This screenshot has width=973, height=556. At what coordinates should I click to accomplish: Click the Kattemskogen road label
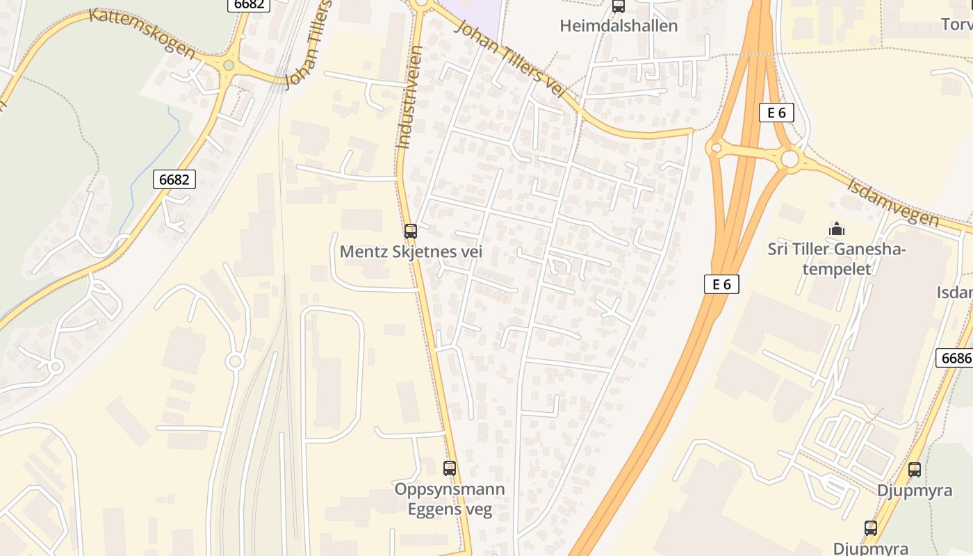coord(142,33)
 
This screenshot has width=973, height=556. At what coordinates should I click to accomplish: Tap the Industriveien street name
coord(409,97)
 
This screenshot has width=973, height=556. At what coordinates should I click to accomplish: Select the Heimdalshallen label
coord(619,26)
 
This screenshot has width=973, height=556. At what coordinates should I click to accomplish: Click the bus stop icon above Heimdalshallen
coord(619,7)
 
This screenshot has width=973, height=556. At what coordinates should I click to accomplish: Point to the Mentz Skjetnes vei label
coord(411,252)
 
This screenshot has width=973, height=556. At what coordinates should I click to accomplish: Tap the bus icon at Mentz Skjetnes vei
coord(411,231)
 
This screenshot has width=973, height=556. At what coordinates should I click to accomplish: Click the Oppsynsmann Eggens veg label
coord(450,499)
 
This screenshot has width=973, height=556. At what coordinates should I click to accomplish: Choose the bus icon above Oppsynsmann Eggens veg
coord(450,468)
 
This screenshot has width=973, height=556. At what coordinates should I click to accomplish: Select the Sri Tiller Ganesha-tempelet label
coord(837,259)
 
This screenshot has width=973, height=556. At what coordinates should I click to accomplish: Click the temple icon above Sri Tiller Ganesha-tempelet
coord(837,229)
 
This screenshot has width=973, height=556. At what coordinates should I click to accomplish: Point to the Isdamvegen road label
coord(893,202)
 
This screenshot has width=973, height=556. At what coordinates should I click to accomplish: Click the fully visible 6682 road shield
coord(174,179)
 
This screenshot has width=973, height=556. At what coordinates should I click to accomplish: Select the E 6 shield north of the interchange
coord(776,113)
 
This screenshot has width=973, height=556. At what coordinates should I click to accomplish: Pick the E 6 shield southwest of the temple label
coord(721,284)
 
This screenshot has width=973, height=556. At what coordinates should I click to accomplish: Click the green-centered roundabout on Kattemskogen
coord(229,65)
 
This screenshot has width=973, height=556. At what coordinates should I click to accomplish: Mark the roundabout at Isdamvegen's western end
coord(790,159)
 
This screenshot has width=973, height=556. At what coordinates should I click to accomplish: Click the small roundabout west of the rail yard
coord(235,361)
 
